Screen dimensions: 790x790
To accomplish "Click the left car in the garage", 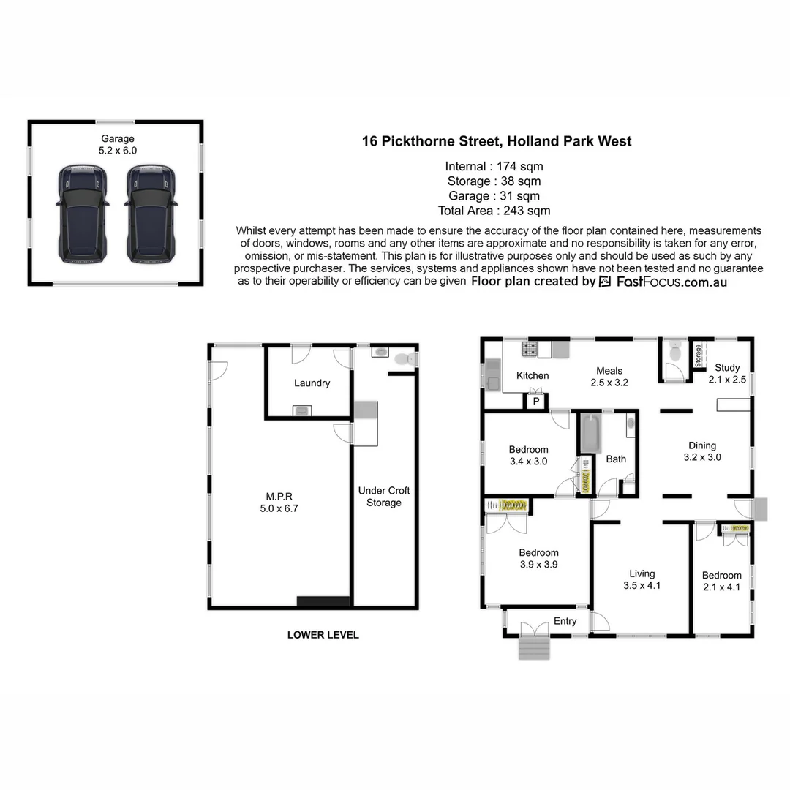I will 83,213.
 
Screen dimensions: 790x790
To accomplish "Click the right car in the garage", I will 151,213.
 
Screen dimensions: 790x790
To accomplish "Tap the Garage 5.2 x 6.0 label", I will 117,144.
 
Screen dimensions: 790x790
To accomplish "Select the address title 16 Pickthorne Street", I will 497,141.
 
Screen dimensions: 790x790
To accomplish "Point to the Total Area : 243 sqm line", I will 494,211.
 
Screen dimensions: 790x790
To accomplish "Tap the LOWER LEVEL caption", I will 323,635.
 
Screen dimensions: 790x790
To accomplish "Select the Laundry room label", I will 312,383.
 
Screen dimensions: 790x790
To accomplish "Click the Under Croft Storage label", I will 384,497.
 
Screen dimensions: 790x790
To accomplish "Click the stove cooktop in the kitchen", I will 529,349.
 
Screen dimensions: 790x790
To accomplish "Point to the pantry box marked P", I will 535,402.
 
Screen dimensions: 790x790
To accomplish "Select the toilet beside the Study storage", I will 674,351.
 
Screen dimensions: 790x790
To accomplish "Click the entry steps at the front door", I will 533,647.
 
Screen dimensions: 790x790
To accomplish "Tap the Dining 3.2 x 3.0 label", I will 702,451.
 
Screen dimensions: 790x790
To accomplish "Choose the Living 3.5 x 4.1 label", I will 642,579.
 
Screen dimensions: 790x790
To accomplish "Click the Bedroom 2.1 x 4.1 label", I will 721,581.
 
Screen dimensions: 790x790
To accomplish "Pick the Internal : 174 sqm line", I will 494,166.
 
